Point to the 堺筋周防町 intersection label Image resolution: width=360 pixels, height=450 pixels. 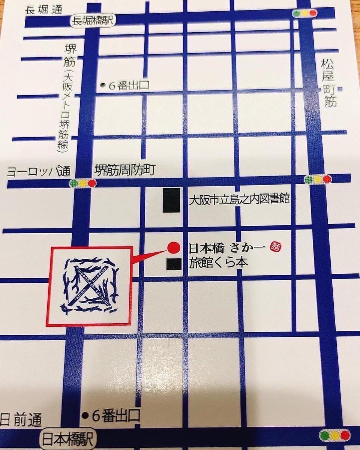(x=124, y=171)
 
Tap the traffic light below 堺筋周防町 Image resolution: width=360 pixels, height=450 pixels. (x=83, y=183)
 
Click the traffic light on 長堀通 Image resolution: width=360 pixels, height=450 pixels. (x=304, y=13)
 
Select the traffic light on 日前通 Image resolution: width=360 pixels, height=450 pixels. (x=334, y=435)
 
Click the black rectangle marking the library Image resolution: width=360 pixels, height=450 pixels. (x=171, y=201)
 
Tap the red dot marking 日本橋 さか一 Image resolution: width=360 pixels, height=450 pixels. (x=173, y=247)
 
